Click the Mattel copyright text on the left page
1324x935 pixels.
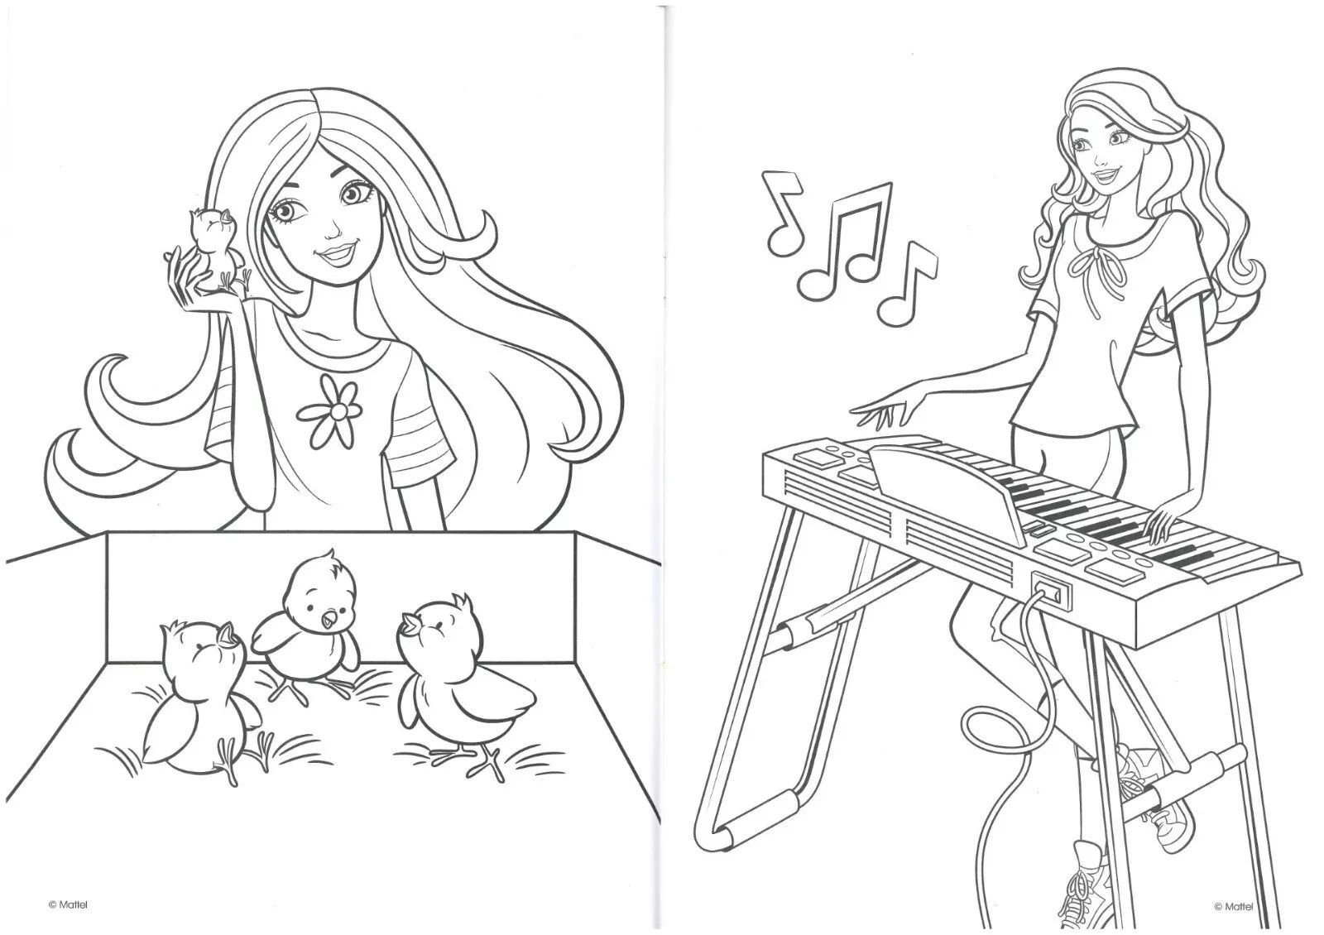67,904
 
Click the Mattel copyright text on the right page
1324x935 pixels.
1233,906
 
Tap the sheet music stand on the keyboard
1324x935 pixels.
946,491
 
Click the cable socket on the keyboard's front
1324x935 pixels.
1052,589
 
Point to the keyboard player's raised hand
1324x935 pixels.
886,410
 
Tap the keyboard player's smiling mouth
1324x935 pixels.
1103,176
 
